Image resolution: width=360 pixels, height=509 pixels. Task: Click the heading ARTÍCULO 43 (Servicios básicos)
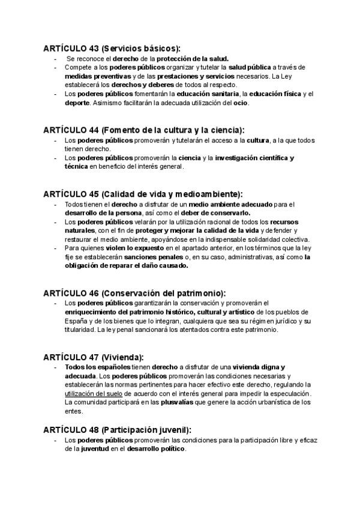pos(112,48)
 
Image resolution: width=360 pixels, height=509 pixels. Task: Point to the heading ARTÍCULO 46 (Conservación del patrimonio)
pos(134,293)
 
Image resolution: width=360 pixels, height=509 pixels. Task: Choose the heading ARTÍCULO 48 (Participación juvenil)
pos(118,430)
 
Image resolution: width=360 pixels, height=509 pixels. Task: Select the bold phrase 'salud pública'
pos(250,68)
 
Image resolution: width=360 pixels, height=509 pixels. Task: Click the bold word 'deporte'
pos(77,103)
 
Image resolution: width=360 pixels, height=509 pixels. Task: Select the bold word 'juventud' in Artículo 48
pos(95,449)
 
